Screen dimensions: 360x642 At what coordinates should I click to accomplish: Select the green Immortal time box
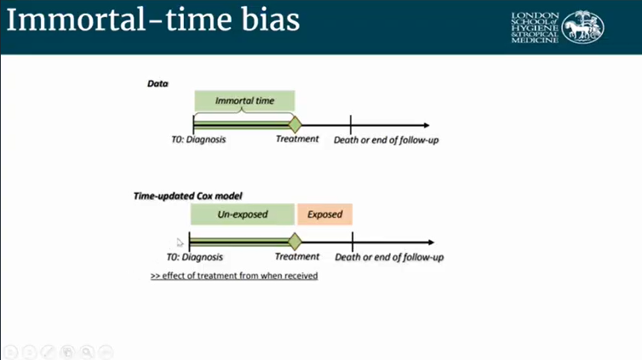pyautogui.click(x=244, y=100)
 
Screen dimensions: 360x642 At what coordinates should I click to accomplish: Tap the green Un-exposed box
pyautogui.click(x=243, y=214)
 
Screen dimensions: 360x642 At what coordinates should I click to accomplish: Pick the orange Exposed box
pyautogui.click(x=324, y=214)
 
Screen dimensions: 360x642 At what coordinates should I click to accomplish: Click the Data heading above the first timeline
pyautogui.click(x=158, y=83)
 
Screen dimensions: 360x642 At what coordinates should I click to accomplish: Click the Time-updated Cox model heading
pyautogui.click(x=187, y=196)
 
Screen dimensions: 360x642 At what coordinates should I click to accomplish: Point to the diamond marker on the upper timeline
pyautogui.click(x=295, y=124)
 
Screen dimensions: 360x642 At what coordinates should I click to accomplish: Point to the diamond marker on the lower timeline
pyautogui.click(x=295, y=241)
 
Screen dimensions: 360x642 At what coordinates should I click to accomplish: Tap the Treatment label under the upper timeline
pyautogui.click(x=297, y=140)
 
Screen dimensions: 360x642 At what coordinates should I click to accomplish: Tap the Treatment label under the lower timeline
pyautogui.click(x=297, y=256)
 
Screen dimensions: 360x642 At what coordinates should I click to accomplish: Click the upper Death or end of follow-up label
pyautogui.click(x=388, y=140)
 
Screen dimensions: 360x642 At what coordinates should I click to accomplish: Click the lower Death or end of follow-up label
pyautogui.click(x=389, y=256)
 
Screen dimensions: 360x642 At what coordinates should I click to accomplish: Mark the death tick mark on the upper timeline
pyautogui.click(x=351, y=124)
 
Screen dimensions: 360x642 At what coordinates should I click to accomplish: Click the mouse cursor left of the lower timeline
pyautogui.click(x=180, y=243)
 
